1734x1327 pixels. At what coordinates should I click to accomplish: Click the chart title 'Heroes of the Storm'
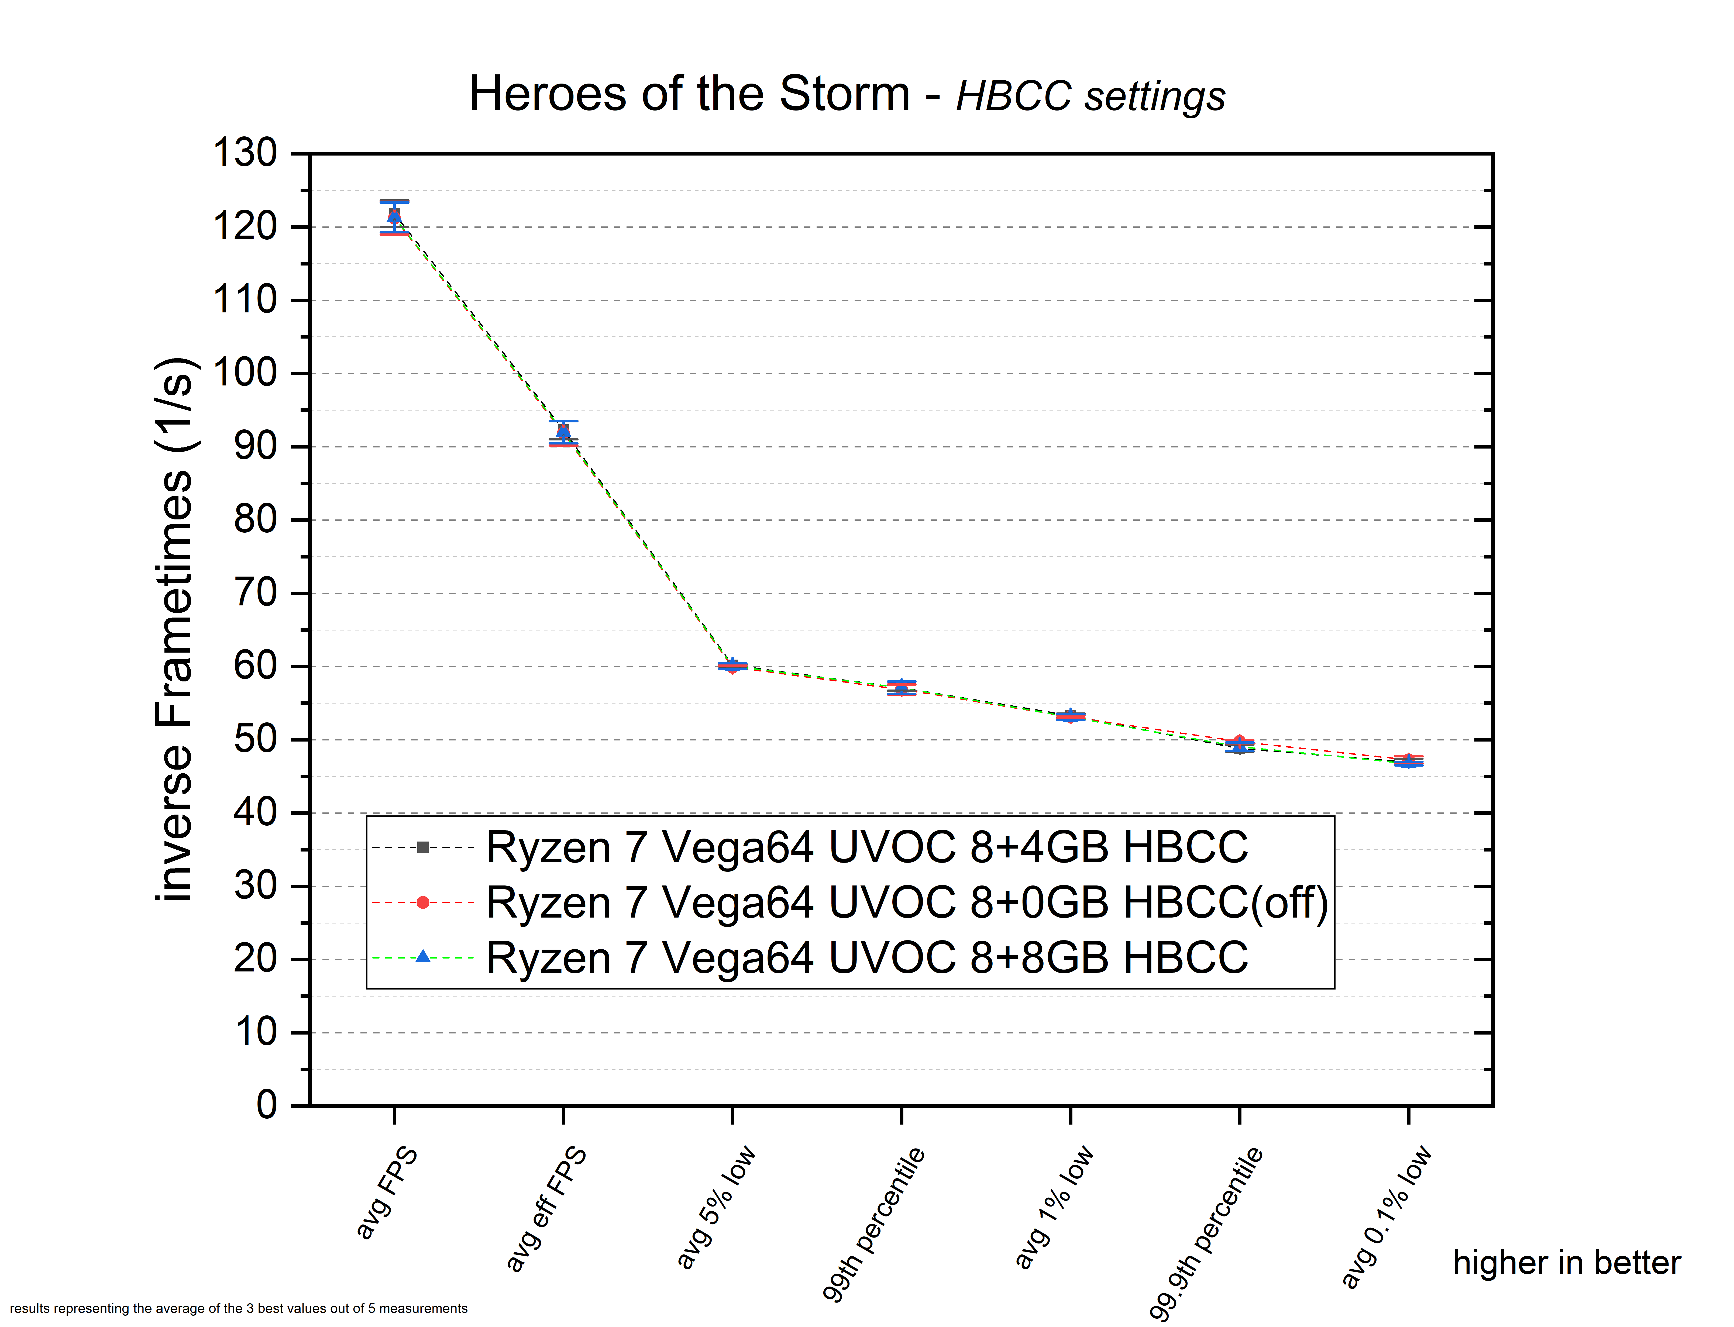click(690, 94)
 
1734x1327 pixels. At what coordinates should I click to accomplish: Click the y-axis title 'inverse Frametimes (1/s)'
click(174, 629)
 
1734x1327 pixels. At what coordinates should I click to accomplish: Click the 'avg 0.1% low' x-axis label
click(1386, 1216)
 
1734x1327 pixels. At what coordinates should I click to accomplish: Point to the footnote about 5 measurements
click(239, 1308)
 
